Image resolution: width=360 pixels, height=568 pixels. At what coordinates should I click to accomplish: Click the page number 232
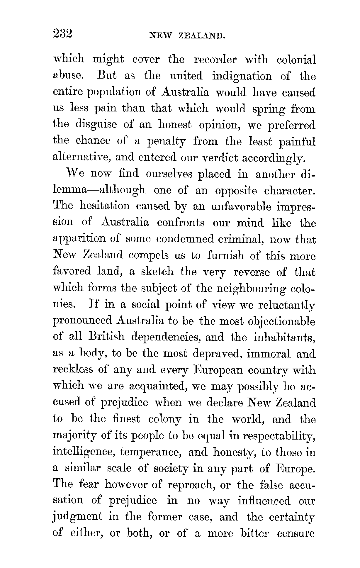point(62,34)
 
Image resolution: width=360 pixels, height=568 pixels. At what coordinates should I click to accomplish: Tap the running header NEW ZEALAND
point(187,36)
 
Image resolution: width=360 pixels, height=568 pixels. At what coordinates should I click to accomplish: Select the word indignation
point(242,77)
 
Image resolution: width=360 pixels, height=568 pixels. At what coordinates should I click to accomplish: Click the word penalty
point(166,142)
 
